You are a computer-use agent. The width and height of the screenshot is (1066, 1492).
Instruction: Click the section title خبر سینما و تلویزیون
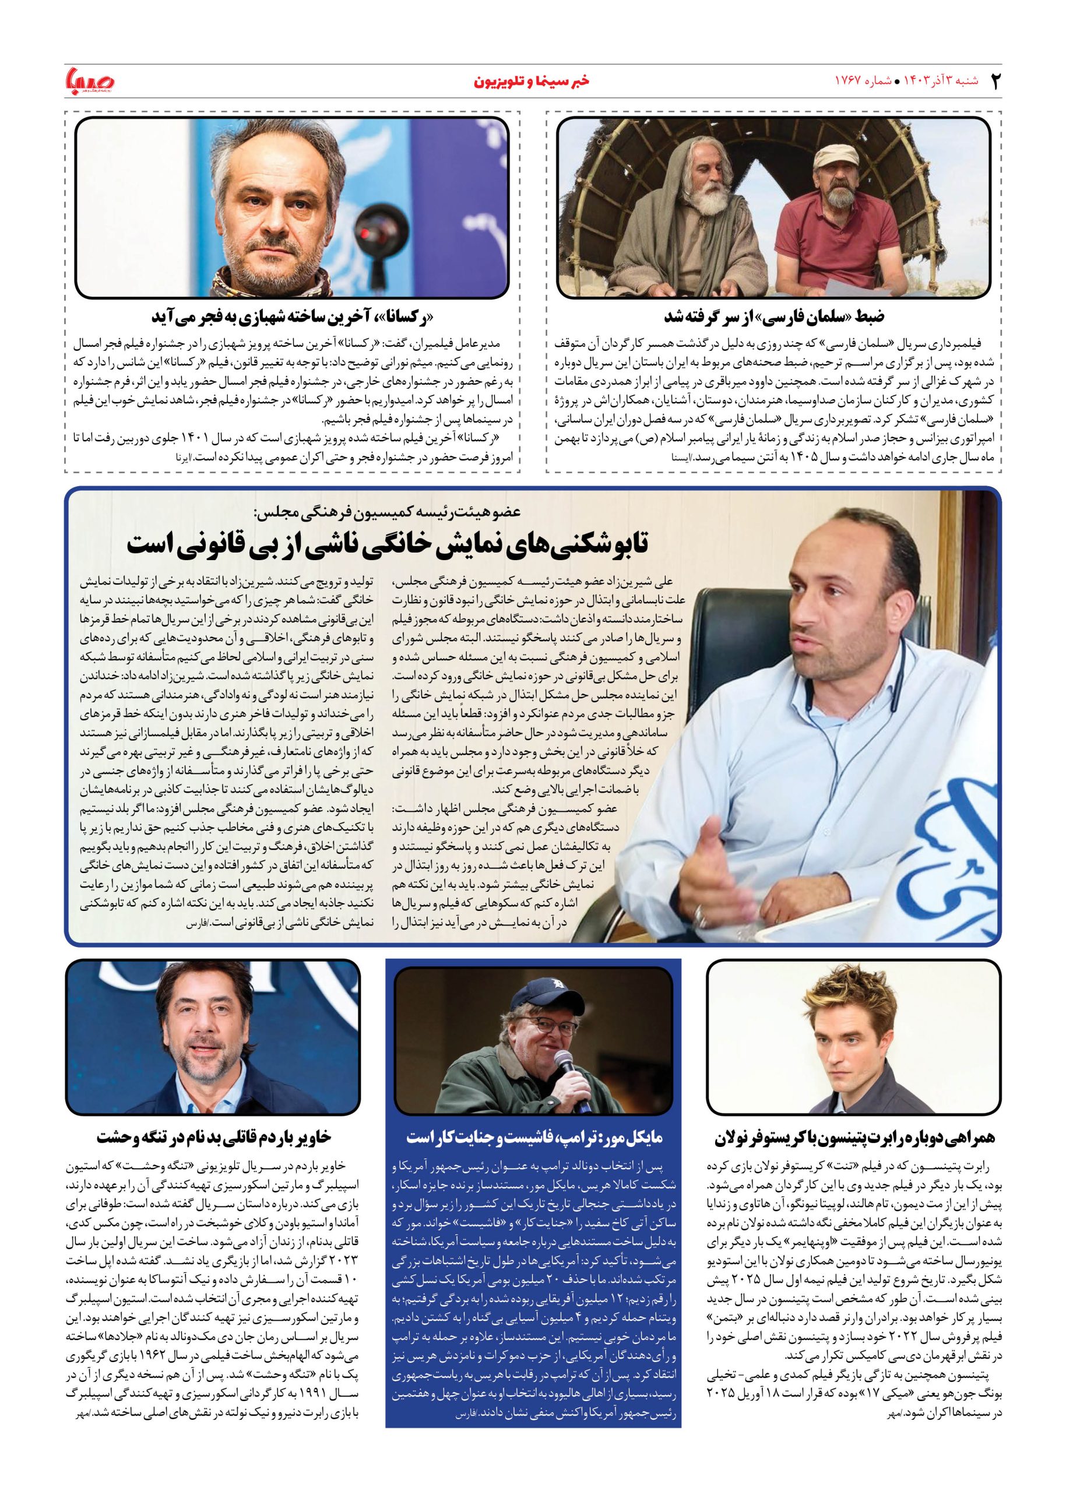[x=532, y=82]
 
